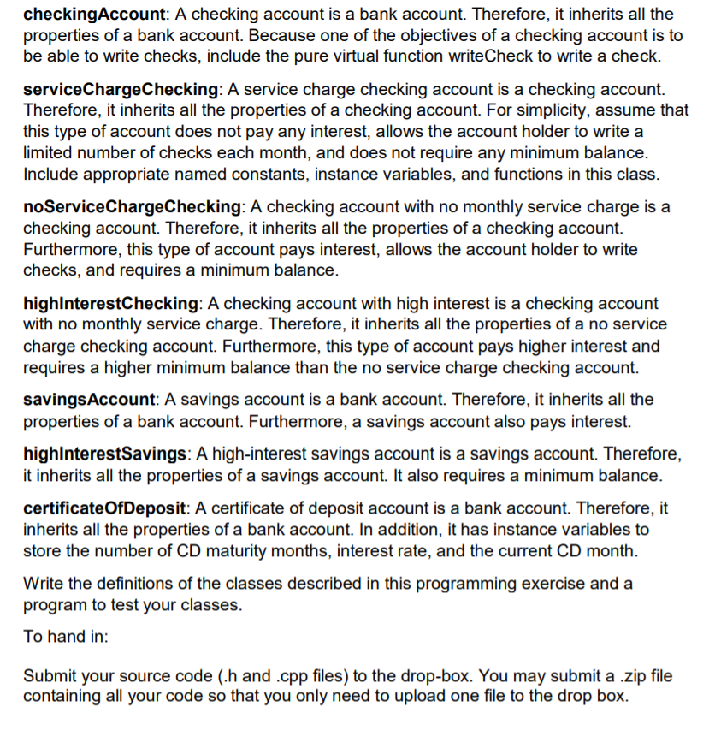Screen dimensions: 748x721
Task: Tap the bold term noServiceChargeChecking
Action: pos(132,207)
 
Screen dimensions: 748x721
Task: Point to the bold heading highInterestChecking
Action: pos(110,304)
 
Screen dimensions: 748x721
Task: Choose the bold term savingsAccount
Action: pos(89,400)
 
